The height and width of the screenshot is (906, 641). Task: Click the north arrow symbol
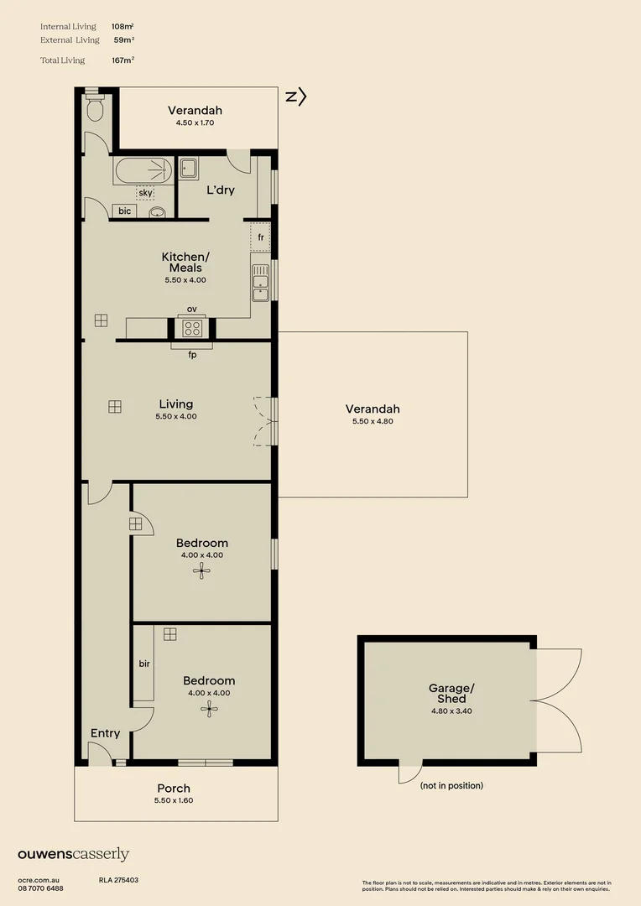[296, 97]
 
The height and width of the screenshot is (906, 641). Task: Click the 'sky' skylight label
[145, 193]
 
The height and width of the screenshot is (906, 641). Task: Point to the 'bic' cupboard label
[124, 211]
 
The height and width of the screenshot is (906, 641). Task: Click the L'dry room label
[220, 190]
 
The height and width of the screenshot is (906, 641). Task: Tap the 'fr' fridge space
[261, 237]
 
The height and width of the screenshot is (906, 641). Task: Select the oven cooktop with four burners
[192, 328]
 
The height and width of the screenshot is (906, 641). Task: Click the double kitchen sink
[260, 283]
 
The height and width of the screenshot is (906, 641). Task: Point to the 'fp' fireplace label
[192, 355]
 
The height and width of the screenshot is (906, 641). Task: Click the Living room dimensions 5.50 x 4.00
[176, 416]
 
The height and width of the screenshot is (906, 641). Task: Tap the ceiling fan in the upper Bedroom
[201, 571]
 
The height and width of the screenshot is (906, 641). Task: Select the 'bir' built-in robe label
[143, 664]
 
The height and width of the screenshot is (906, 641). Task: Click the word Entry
[105, 733]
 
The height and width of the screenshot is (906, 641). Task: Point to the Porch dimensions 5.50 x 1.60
[174, 800]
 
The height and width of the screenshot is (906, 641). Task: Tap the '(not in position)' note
[451, 786]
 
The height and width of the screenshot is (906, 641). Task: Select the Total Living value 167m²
[122, 60]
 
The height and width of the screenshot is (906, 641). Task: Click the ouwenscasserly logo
[74, 855]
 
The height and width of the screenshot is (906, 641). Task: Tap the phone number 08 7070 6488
[40, 888]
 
